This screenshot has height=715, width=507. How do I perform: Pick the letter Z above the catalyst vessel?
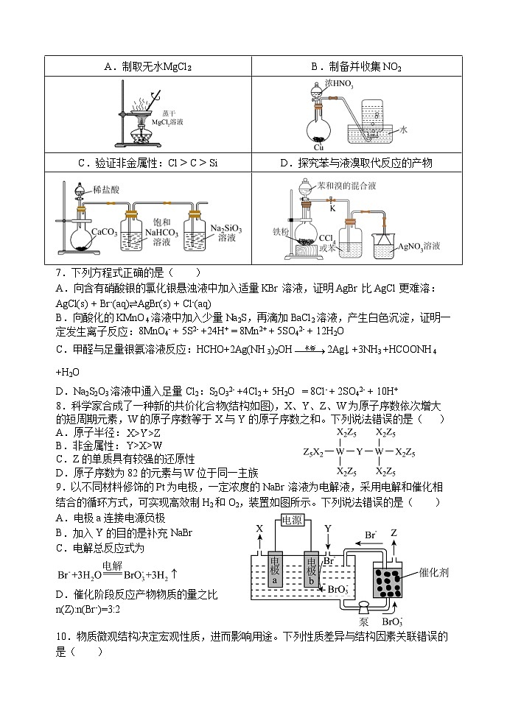pyautogui.click(x=395, y=532)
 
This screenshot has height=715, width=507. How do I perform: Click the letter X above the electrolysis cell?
pyautogui.click(x=259, y=529)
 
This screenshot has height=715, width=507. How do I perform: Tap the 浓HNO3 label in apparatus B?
pyautogui.click(x=340, y=85)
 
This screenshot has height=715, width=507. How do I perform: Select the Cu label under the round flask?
pyautogui.click(x=318, y=147)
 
